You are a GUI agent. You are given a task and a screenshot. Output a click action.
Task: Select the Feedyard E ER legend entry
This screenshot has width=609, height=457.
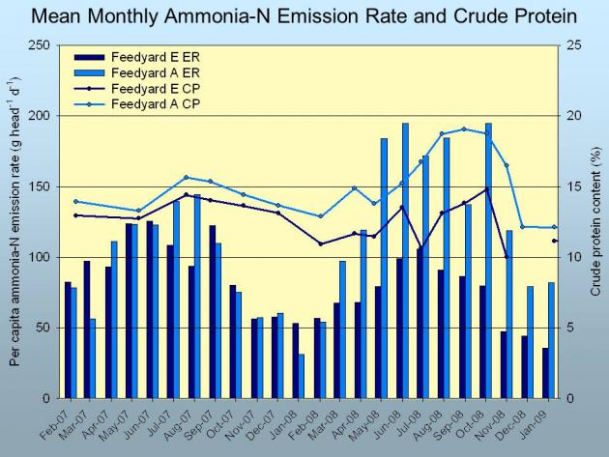tap(137, 57)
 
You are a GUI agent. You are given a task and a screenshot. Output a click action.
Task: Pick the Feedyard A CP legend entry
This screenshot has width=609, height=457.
tap(137, 104)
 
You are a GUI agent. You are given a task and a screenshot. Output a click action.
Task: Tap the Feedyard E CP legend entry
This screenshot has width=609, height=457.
tap(137, 89)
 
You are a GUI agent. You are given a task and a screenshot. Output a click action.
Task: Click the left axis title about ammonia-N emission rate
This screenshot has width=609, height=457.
tap(15, 221)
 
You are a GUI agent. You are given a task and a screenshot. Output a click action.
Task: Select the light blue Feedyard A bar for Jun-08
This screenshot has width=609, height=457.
tap(405, 261)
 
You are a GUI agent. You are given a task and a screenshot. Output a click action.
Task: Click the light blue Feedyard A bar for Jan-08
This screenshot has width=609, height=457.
tap(302, 376)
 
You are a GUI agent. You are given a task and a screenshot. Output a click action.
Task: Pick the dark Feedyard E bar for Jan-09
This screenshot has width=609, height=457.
tap(546, 373)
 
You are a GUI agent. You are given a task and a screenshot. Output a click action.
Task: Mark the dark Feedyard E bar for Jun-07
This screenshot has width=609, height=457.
tap(150, 310)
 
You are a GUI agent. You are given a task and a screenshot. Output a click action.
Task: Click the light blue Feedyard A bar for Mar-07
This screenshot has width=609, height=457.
tap(93, 358)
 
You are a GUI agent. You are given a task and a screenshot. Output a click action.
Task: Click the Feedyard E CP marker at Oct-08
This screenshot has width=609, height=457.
tap(487, 189)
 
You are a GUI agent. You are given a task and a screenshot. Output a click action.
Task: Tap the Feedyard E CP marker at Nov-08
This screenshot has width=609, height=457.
tap(507, 257)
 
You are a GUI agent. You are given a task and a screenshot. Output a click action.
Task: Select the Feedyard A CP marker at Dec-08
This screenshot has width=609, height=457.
tap(522, 227)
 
